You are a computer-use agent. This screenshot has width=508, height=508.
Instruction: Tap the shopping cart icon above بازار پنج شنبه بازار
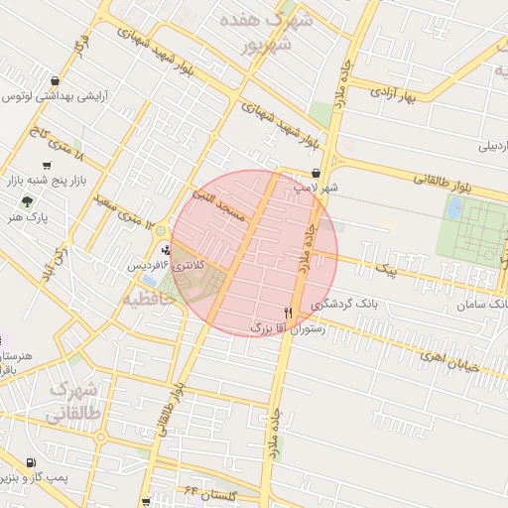(47, 166)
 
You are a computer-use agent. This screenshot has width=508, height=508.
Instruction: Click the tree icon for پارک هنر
(27, 200)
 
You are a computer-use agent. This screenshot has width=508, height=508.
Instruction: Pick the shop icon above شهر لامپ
(316, 173)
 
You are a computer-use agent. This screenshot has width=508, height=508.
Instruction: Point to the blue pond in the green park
(454, 207)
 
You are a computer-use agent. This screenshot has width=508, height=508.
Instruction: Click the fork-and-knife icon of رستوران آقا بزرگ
(288, 312)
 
